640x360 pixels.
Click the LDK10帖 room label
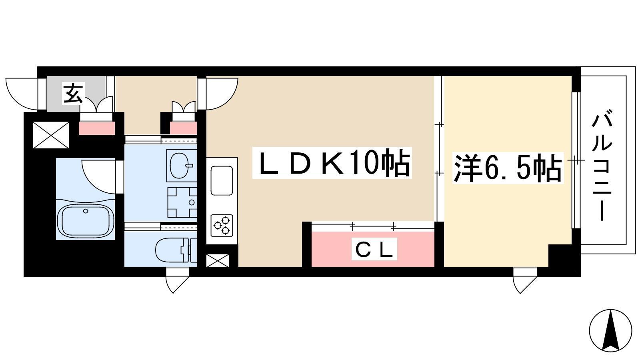pos(332,162)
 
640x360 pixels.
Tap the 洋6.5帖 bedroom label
pos(507,168)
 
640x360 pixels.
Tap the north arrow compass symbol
pos(610,330)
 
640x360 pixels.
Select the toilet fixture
pos(176,250)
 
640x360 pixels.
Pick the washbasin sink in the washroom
pos(182,166)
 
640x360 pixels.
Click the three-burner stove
pos(222,226)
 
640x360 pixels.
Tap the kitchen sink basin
pos(222,181)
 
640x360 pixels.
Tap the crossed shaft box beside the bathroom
pos(51,135)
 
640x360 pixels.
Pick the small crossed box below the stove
pos(218,260)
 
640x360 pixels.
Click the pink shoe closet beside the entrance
pos(97,128)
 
